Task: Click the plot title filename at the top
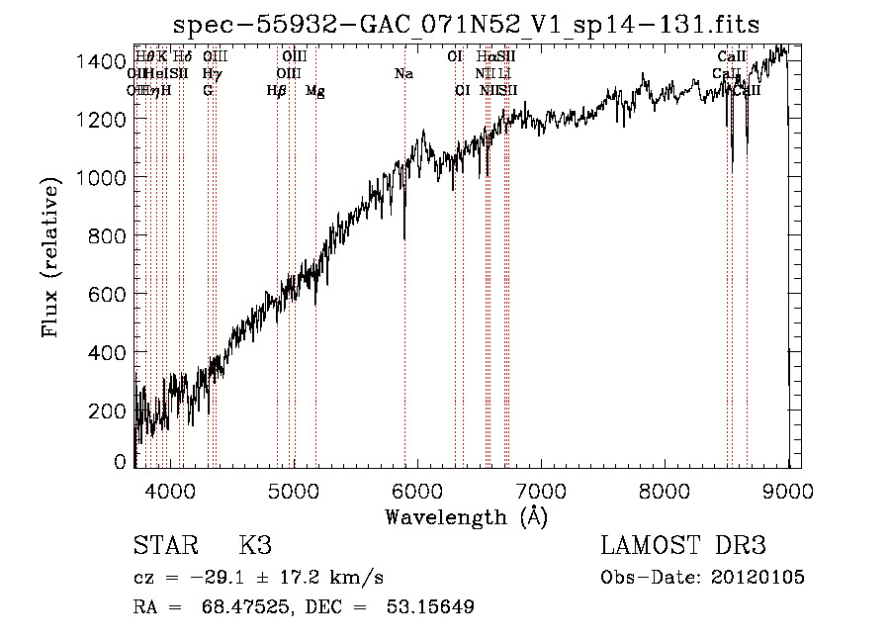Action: [467, 25]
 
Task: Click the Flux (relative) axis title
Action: [50, 256]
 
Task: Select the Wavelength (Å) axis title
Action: [467, 516]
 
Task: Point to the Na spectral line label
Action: [403, 73]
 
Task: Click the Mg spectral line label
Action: [314, 91]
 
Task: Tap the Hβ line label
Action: [277, 91]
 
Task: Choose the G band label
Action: [208, 91]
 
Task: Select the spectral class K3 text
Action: [255, 546]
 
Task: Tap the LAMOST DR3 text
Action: [682, 546]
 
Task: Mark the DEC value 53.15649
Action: [431, 606]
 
